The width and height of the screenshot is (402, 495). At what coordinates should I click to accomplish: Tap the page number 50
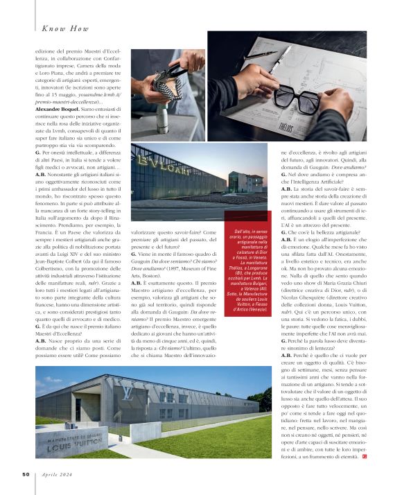point(24,474)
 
